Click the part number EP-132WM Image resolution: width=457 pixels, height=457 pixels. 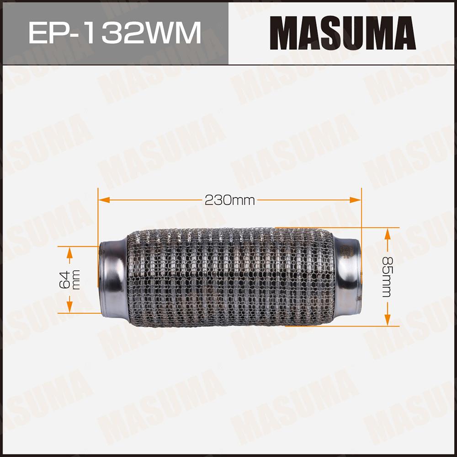115,32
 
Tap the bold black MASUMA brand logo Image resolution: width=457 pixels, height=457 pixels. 343,33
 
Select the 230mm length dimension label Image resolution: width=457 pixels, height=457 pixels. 230,200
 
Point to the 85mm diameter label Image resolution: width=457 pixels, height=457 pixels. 388,277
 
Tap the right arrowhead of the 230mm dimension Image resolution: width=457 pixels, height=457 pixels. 355,200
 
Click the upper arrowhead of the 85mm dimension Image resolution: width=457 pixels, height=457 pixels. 388,234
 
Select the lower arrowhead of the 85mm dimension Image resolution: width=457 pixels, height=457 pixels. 388,320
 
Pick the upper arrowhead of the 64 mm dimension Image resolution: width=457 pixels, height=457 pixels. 69,253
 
